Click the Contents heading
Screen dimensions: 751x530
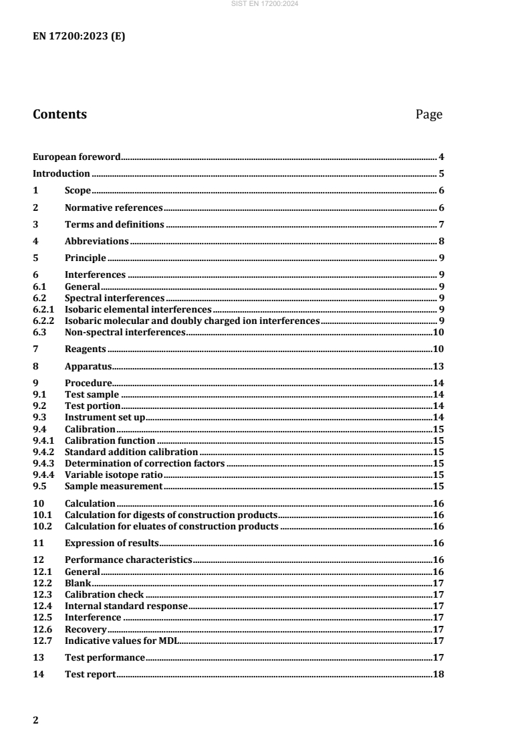click(x=59, y=114)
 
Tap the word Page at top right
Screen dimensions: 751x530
click(x=428, y=114)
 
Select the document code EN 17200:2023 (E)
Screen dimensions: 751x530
click(x=79, y=37)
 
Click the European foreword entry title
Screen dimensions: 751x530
click(x=77, y=157)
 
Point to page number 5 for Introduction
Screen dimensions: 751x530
click(x=442, y=174)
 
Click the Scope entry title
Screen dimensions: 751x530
click(x=78, y=191)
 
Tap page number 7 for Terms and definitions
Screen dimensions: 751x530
click(x=442, y=224)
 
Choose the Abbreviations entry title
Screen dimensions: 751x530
click(x=97, y=241)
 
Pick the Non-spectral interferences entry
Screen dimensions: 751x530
click(x=125, y=332)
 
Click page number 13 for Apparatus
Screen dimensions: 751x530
click(x=439, y=366)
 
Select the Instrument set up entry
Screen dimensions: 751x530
click(x=105, y=417)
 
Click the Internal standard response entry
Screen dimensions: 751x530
click(x=126, y=606)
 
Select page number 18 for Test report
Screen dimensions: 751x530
click(x=439, y=674)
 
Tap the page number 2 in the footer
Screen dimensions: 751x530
click(x=36, y=721)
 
